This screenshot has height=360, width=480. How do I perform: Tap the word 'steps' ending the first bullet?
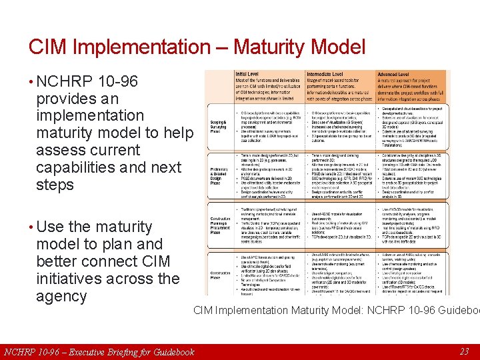coord(55,185)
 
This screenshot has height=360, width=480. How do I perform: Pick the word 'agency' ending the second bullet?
coord(61,296)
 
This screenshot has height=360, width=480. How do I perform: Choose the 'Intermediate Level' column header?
coord(326,74)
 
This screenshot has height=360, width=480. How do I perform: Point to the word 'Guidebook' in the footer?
coord(172,352)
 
